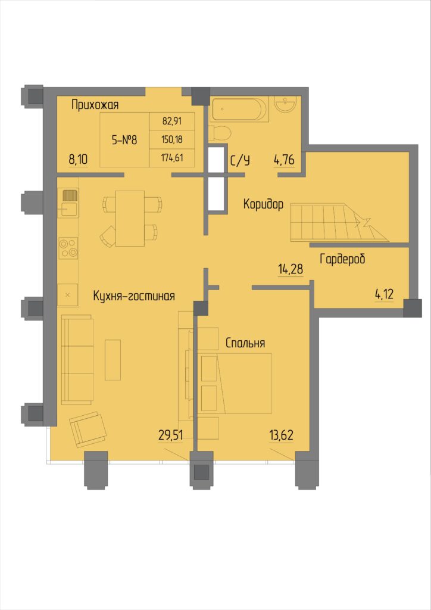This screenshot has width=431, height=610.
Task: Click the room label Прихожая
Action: (95, 105)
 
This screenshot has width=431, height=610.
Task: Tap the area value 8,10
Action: (79, 160)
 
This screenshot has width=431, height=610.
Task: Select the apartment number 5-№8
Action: (124, 140)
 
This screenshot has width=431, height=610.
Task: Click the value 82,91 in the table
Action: (172, 120)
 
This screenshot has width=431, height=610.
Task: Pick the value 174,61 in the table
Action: (172, 158)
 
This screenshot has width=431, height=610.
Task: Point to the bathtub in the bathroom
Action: (239, 110)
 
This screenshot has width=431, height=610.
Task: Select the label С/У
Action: (240, 160)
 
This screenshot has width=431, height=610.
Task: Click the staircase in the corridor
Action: (339, 223)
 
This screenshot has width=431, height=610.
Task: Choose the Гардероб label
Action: (342, 259)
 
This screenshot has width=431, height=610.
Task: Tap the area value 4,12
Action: (384, 294)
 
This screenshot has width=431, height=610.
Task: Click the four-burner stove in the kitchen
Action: (68, 248)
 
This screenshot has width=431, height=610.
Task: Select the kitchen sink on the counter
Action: (68, 203)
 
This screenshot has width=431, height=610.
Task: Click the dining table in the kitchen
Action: (130, 218)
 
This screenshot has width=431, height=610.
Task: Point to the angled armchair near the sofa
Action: (88, 430)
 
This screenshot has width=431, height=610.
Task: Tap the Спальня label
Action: (245, 343)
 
